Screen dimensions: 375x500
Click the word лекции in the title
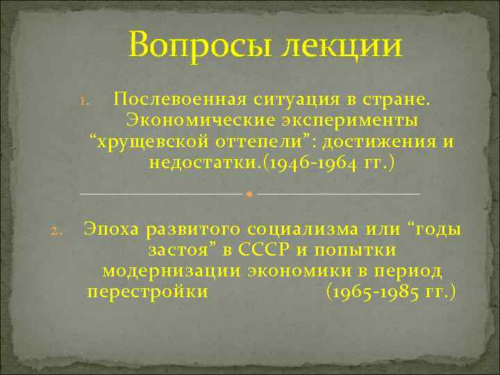click(x=336, y=47)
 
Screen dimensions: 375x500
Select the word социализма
click(x=322, y=229)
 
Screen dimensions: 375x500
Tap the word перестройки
click(x=147, y=292)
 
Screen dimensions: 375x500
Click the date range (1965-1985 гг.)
click(x=390, y=292)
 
